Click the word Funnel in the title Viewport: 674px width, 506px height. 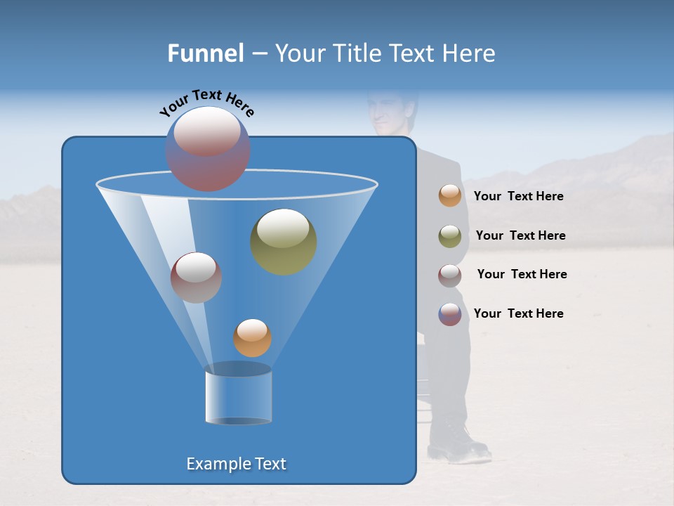[206, 53]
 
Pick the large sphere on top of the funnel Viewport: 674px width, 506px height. [207, 148]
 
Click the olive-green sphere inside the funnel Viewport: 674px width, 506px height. [283, 241]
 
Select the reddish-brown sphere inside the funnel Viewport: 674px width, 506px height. [196, 277]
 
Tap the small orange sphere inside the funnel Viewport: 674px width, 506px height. [252, 337]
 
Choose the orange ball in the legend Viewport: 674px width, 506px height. [450, 195]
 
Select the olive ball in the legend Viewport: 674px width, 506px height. [450, 235]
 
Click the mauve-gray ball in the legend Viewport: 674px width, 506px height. [450, 275]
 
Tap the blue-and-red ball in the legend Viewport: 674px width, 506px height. [450, 314]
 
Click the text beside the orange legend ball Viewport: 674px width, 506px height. [518, 196]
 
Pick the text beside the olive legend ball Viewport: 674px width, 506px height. [520, 235]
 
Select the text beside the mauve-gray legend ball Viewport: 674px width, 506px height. [522, 274]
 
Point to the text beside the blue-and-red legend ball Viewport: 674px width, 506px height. [518, 313]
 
